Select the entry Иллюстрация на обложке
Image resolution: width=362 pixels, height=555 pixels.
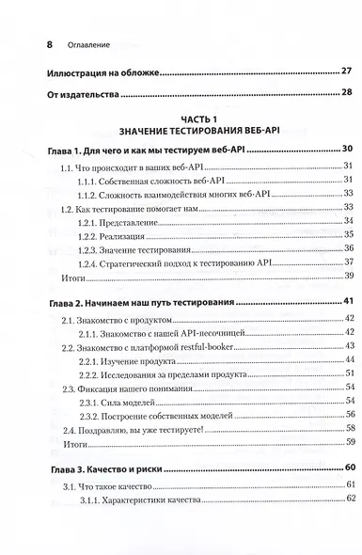click(90, 71)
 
